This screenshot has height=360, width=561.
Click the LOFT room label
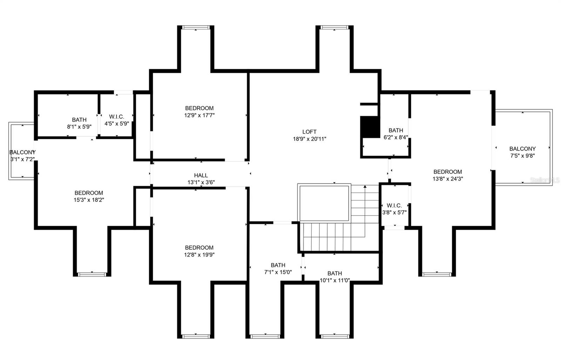click(309, 132)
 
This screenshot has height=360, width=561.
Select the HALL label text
click(201, 175)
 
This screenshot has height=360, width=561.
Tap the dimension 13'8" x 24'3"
click(448, 179)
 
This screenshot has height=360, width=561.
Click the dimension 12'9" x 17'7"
click(199, 115)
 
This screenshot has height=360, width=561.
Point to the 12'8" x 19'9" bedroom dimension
click(199, 255)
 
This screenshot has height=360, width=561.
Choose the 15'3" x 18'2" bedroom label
click(89, 196)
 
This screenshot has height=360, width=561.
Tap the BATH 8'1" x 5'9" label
click(79, 123)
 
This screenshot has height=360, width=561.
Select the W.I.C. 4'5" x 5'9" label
click(116, 120)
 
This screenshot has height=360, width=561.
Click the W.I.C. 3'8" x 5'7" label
click(394, 209)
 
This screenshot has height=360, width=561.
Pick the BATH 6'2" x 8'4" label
click(396, 134)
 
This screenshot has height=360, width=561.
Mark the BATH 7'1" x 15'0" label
click(278, 269)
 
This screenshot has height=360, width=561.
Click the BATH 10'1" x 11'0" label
click(334, 277)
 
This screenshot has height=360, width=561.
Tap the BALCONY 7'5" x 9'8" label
click(522, 152)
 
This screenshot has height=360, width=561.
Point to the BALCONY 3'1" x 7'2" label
click(22, 156)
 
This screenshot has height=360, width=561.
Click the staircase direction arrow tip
click(365, 186)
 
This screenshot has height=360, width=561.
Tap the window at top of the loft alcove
click(334, 27)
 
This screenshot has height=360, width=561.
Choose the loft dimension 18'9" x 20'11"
click(309, 139)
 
